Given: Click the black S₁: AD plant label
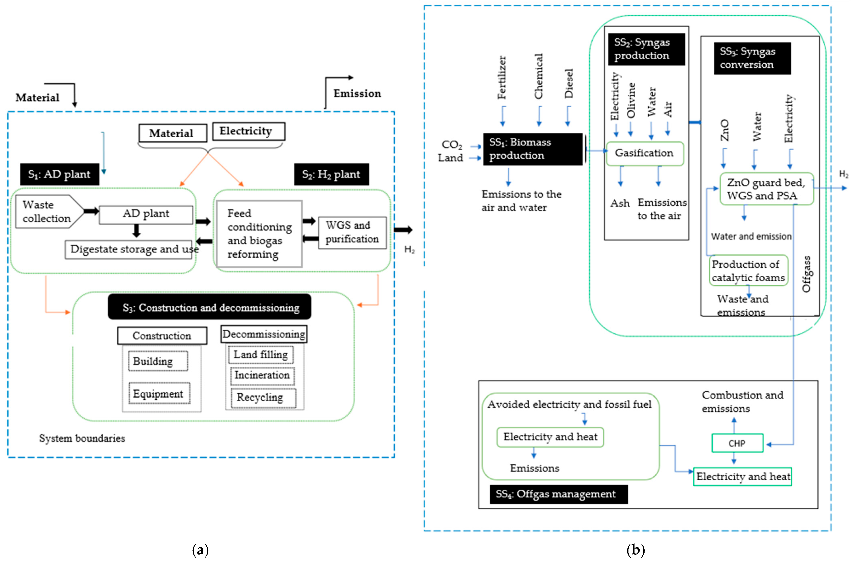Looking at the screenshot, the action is click(x=59, y=174).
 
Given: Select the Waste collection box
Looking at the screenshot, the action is click(x=49, y=211).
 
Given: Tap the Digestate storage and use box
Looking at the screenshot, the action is click(x=129, y=250).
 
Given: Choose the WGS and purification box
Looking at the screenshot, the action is click(x=352, y=232).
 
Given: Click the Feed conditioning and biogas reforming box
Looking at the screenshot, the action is click(x=259, y=234).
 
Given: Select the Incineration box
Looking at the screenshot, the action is click(x=262, y=376).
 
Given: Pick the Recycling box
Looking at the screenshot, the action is click(x=264, y=398).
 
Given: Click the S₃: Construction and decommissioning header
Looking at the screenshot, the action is click(x=210, y=307).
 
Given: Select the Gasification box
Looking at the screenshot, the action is click(x=645, y=153).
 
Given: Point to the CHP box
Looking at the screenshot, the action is click(x=737, y=443).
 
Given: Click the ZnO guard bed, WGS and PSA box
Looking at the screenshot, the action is click(x=766, y=189).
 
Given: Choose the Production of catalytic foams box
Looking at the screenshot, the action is click(x=748, y=271).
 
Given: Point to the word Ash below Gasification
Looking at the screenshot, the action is click(x=620, y=203).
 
